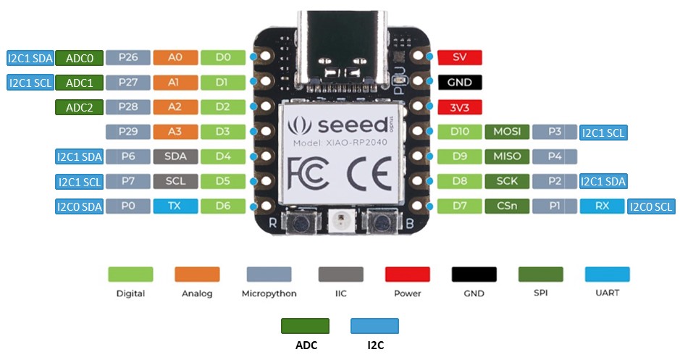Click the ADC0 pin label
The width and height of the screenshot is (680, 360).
pyautogui.click(x=79, y=58)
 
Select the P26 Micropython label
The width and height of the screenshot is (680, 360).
pyautogui.click(x=128, y=58)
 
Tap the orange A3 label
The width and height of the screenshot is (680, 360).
pyautogui.click(x=174, y=132)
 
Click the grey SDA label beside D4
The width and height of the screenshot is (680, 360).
pyautogui.click(x=174, y=156)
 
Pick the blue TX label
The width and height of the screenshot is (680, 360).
pyautogui.click(x=174, y=206)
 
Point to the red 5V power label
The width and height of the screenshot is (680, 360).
pyautogui.click(x=459, y=57)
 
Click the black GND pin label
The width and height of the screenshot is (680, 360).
pyautogui.click(x=459, y=83)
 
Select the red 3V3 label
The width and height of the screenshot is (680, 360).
pyautogui.click(x=459, y=107)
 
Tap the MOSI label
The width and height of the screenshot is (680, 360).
pyautogui.click(x=506, y=132)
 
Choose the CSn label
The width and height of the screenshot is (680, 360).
pyautogui.click(x=506, y=206)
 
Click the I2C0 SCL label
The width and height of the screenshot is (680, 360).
pyautogui.click(x=651, y=206)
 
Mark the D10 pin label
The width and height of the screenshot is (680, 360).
pyautogui.click(x=459, y=132)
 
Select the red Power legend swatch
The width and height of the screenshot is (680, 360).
pyautogui.click(x=407, y=274)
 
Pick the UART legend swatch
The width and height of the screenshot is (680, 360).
pyautogui.click(x=608, y=274)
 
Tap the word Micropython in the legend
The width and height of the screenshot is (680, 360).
pyautogui.click(x=269, y=293)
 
